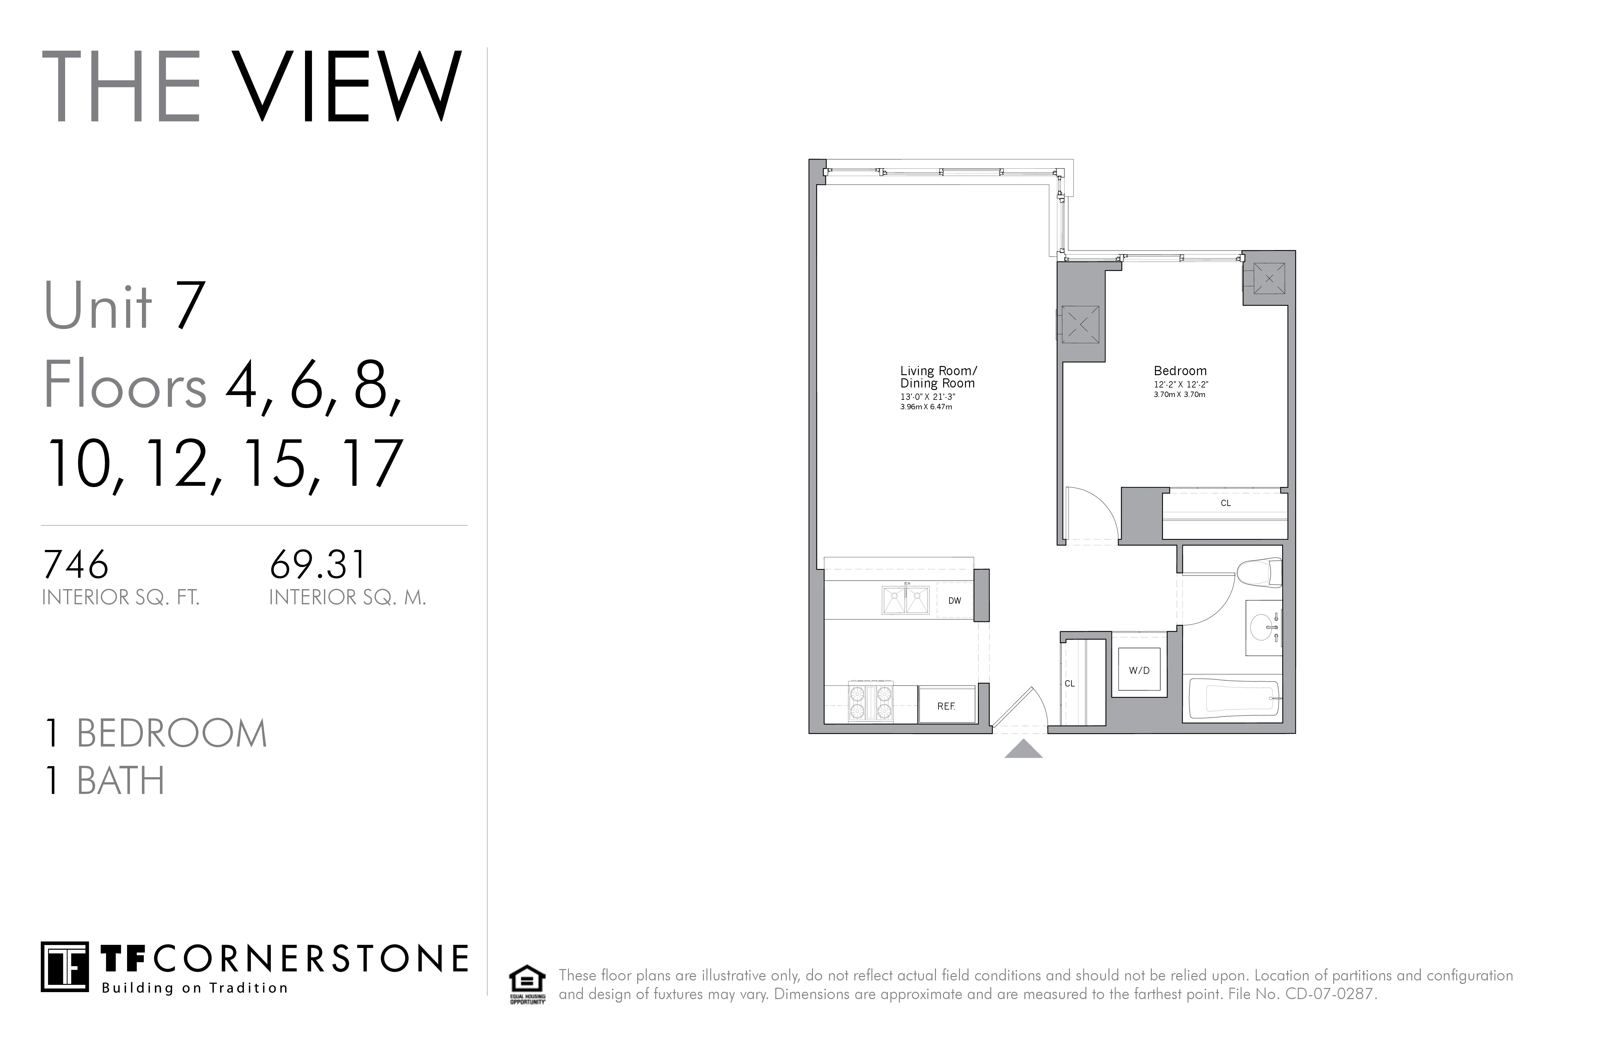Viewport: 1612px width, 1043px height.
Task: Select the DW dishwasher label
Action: click(x=954, y=601)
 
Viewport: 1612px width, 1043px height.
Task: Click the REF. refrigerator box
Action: click(x=946, y=706)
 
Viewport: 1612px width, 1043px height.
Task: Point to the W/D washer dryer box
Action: click(x=1139, y=670)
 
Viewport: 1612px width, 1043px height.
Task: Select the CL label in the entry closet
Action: click(x=1070, y=683)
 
